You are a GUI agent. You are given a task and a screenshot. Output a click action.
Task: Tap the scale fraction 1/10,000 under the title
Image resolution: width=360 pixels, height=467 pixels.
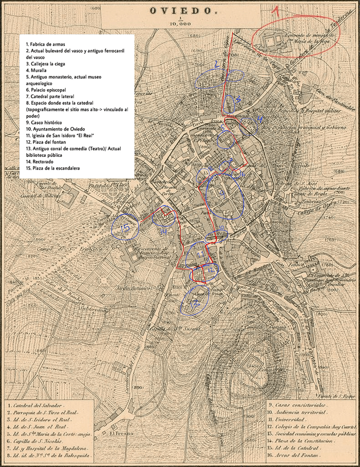coord(180,22)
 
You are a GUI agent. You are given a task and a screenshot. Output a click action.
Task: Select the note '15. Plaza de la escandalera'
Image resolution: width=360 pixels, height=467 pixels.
coord(58,169)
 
